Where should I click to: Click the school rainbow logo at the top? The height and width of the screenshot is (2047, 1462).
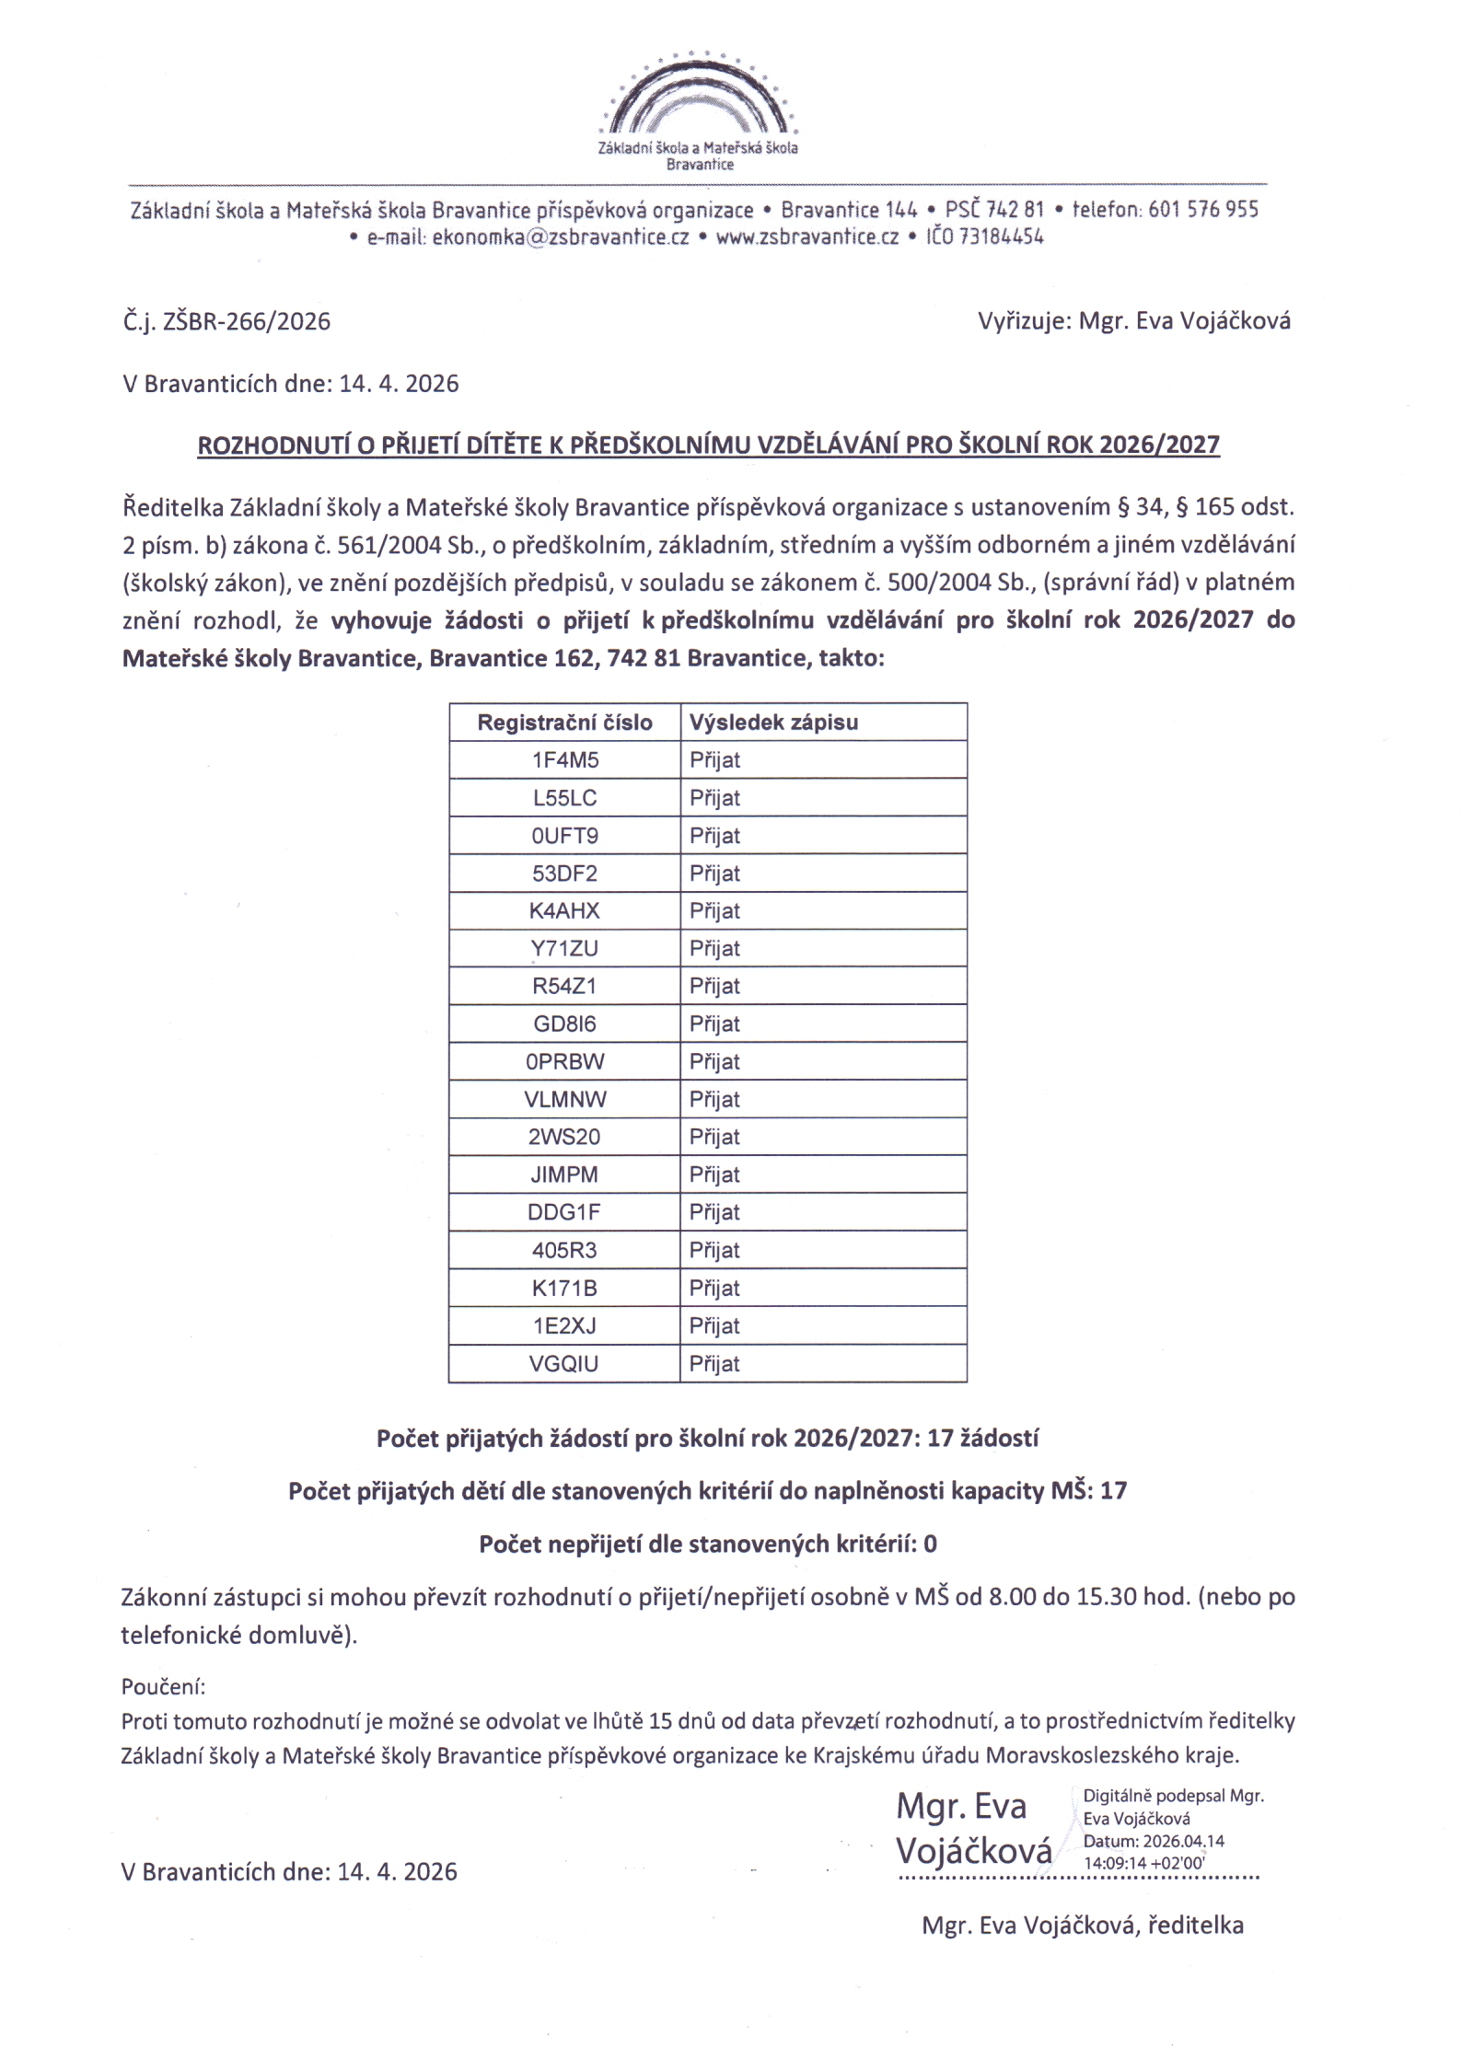coord(699,97)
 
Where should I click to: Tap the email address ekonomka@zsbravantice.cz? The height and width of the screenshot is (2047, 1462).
coord(560,237)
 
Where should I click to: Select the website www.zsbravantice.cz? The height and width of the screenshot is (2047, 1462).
coord(806,237)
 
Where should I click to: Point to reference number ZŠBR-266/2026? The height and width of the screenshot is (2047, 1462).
coord(246,321)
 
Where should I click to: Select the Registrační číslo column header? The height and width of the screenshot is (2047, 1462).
coord(564,723)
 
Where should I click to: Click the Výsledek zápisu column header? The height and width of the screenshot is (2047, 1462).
coord(773,723)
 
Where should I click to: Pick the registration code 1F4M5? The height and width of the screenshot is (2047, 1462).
coord(564,760)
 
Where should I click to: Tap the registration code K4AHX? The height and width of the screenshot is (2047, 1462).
coord(564,911)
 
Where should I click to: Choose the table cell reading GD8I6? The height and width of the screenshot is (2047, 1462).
coord(564,1023)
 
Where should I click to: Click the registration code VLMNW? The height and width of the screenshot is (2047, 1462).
coord(564,1099)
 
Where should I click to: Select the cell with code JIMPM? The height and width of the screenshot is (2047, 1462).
coord(564,1174)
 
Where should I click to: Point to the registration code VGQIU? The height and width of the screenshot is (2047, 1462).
coord(564,1363)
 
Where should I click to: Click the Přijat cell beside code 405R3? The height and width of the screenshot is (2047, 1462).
coord(715,1250)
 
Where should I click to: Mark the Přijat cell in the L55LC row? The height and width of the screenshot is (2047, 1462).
coord(715,798)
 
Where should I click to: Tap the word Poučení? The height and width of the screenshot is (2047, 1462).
coord(163,1686)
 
